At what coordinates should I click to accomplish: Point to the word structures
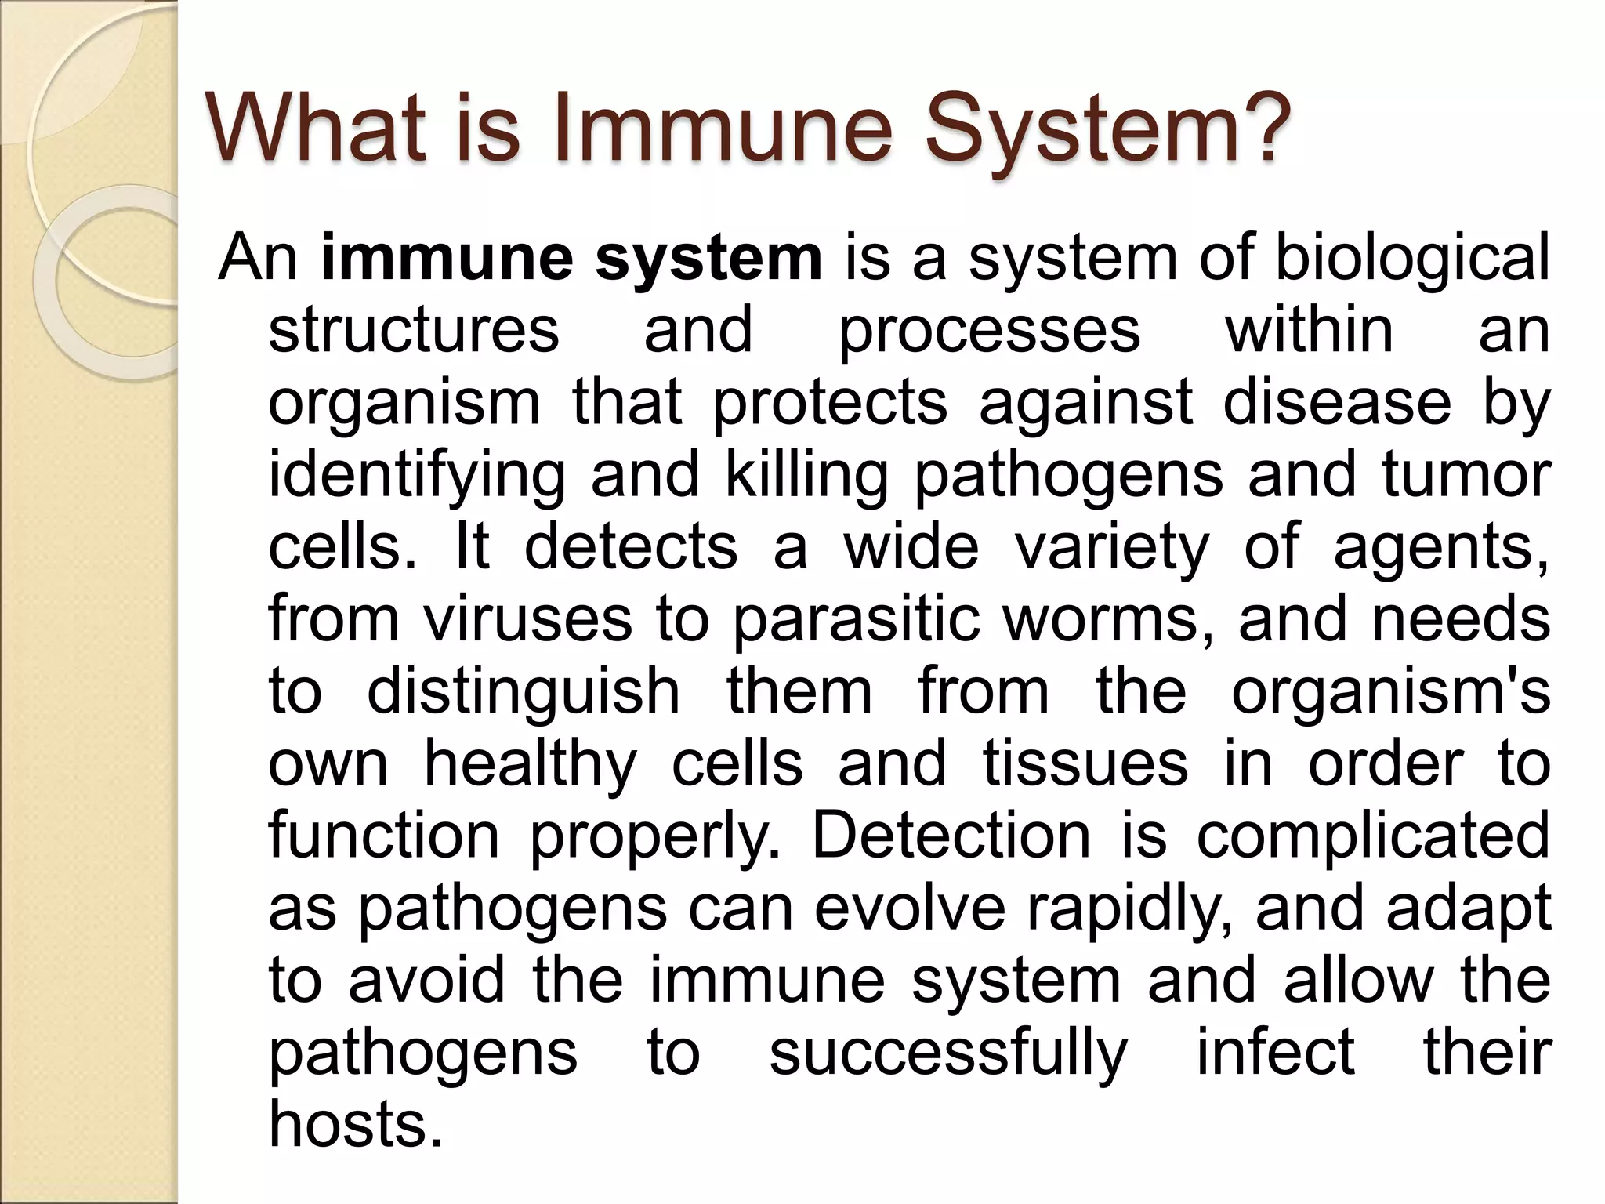click(414, 330)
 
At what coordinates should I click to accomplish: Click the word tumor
click(1466, 474)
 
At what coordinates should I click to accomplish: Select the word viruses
click(527, 619)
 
